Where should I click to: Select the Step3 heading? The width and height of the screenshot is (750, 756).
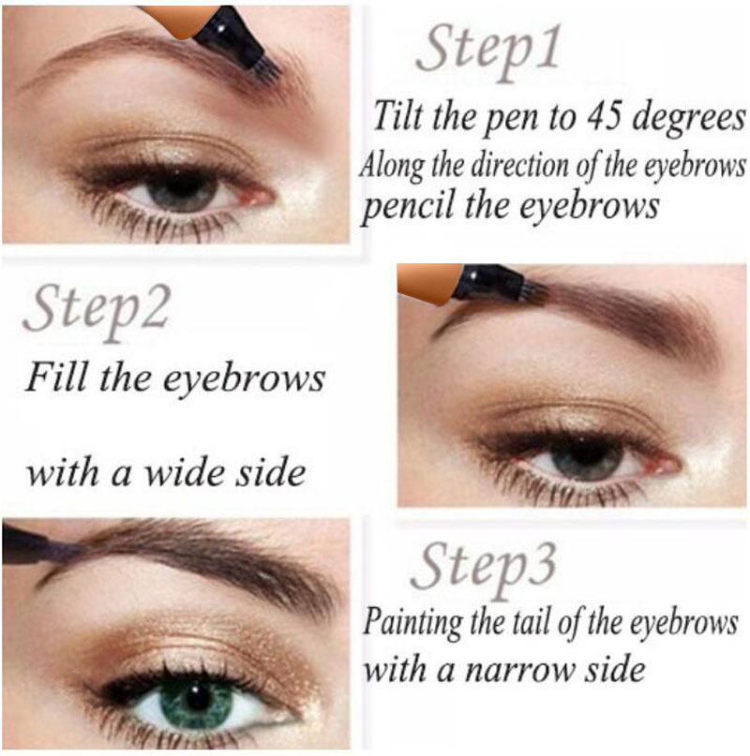tap(484, 567)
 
